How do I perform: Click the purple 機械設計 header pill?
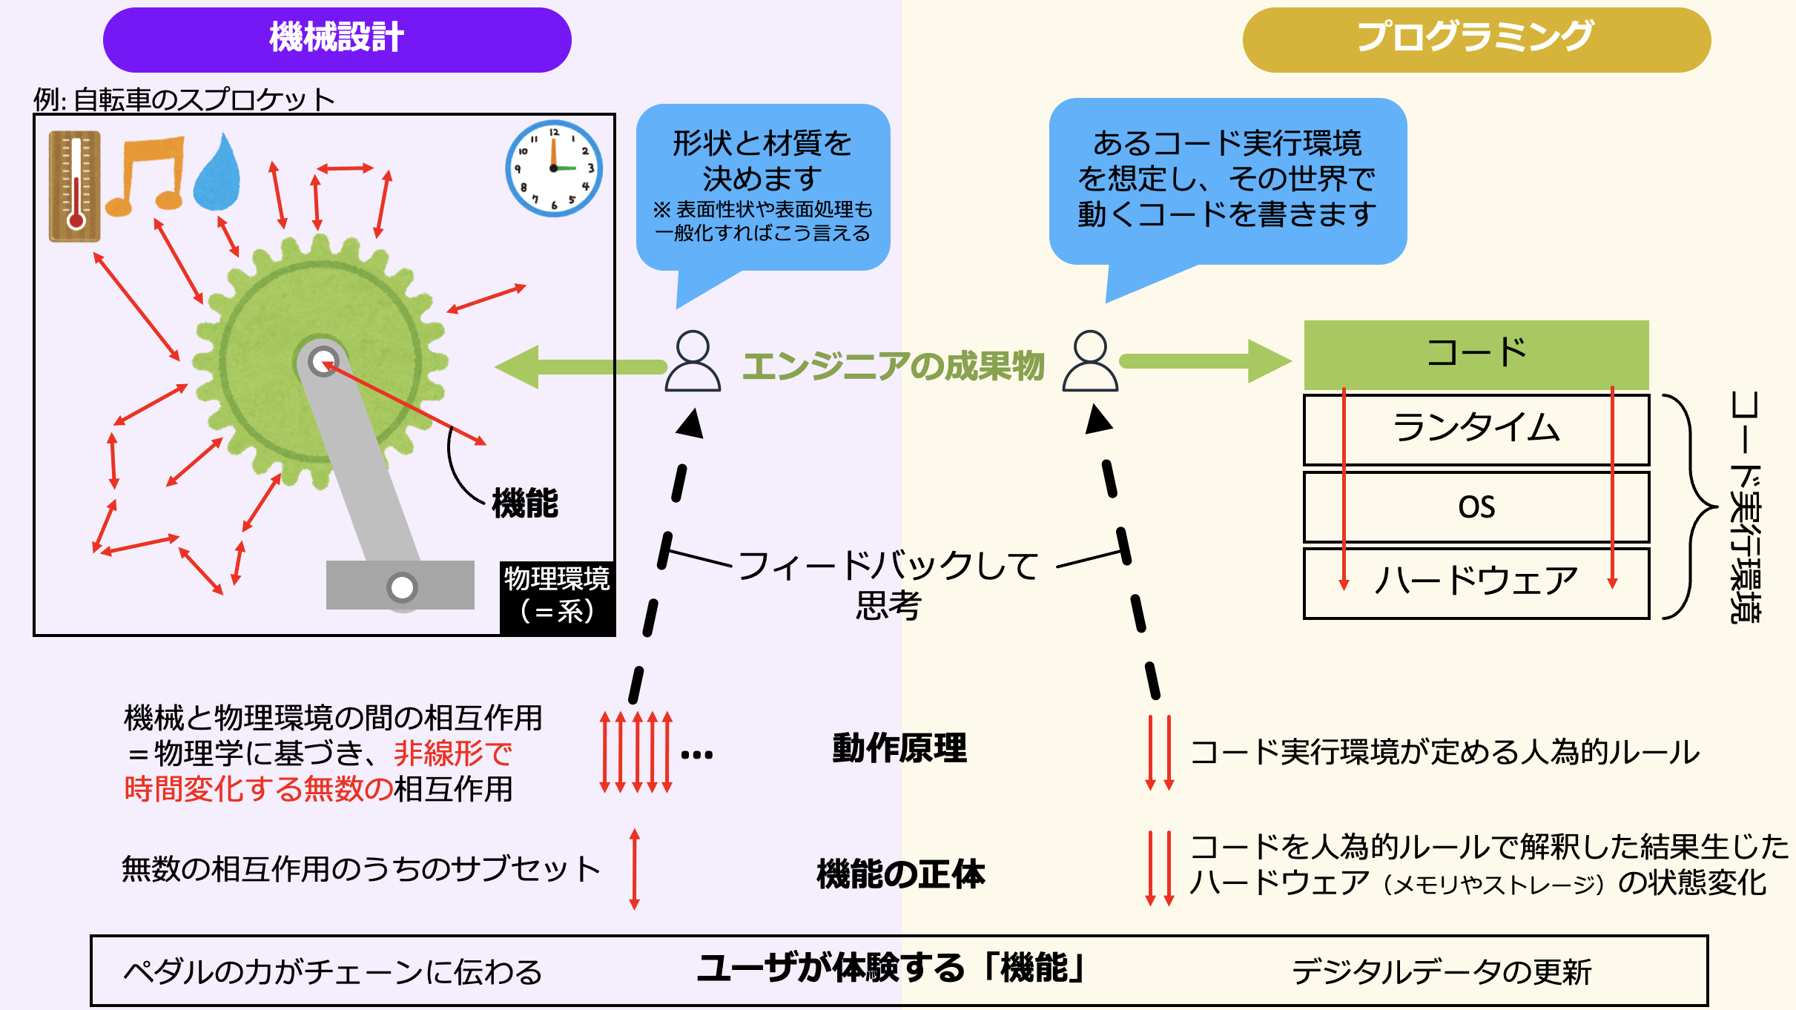[337, 39]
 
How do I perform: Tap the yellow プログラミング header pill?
[1476, 39]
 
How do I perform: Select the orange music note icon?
[146, 175]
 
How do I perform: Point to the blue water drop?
[217, 173]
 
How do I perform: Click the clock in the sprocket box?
[554, 168]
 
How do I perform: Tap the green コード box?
[1476, 354]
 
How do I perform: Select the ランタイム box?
[1476, 429]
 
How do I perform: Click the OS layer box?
[1476, 507]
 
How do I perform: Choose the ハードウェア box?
[1476, 582]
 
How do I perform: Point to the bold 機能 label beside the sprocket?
[525, 504]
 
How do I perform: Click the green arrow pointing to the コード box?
[1205, 361]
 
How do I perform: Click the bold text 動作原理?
[899, 748]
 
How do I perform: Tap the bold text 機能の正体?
[901, 874]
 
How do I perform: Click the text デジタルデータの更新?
[1442, 972]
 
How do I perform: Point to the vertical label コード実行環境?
[1746, 507]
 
